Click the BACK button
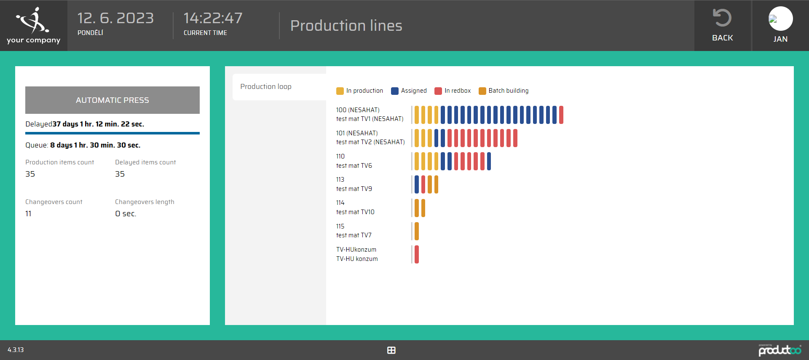click(722, 25)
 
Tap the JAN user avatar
click(780, 19)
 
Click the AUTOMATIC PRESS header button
click(113, 100)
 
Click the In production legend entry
click(360, 91)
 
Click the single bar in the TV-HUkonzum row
click(417, 254)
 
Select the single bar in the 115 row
click(417, 231)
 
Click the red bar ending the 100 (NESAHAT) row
click(561, 115)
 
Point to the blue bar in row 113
click(417, 184)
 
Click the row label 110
click(340, 156)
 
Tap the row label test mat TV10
click(355, 212)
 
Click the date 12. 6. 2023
click(115, 18)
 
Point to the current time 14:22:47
click(213, 18)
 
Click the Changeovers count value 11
click(28, 214)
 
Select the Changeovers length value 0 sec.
click(126, 214)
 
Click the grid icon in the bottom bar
click(391, 350)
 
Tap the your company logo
click(33, 25)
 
